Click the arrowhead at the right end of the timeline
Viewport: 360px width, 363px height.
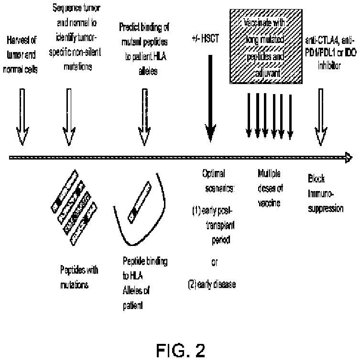pos(349,158)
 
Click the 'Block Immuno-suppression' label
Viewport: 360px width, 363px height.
pos(325,194)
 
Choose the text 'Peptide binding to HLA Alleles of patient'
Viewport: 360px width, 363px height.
pos(145,282)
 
